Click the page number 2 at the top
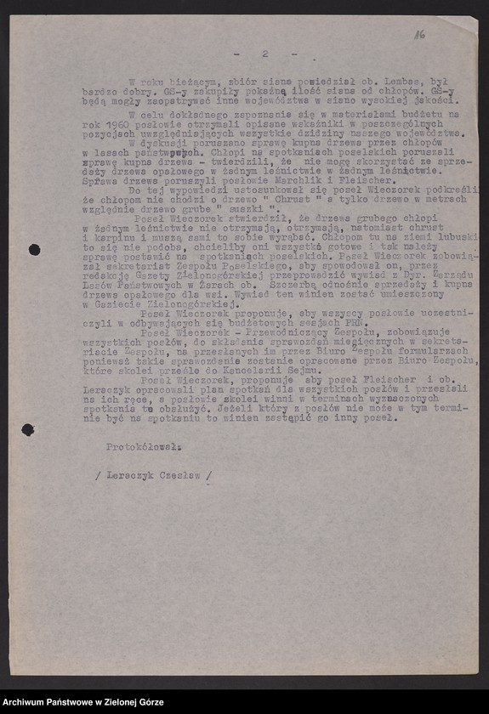click(264, 54)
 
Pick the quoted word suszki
click(249, 208)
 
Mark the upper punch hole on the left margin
click(34, 250)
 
